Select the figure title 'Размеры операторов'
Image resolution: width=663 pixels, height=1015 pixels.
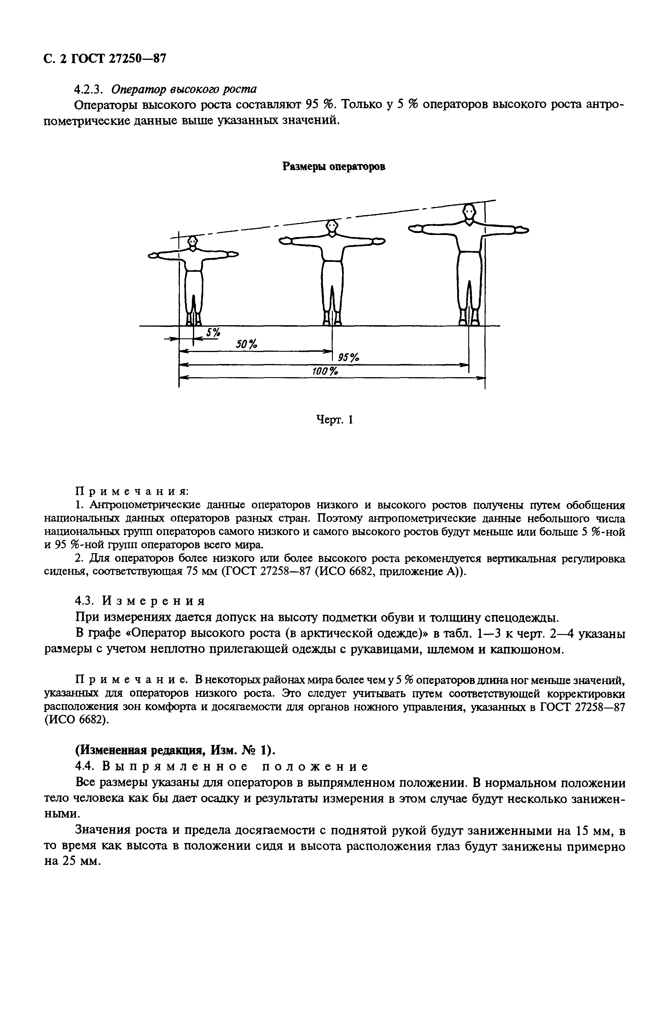(334, 167)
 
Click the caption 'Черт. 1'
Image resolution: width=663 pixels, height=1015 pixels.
(334, 420)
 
